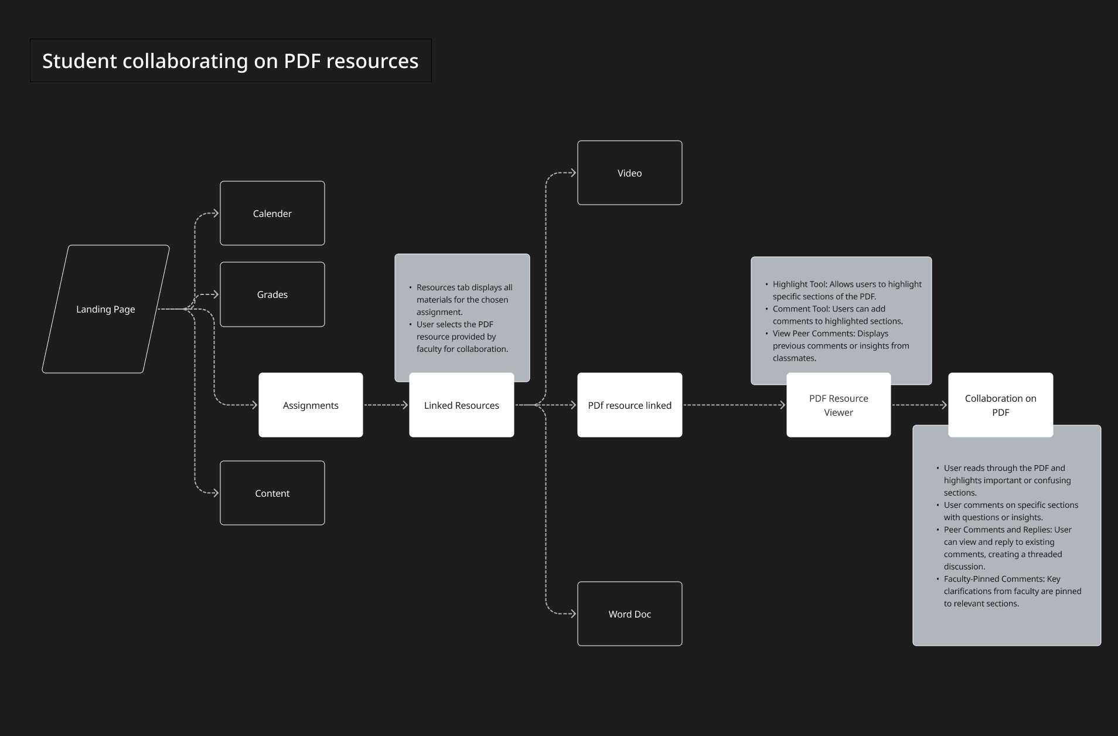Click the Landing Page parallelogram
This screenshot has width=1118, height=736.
[x=105, y=309]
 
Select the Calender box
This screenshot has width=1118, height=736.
[x=272, y=213]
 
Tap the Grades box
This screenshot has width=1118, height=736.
[x=272, y=294]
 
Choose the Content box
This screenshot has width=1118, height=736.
[x=272, y=493]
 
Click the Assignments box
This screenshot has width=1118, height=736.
[x=311, y=405]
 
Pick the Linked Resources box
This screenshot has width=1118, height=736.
[x=462, y=405]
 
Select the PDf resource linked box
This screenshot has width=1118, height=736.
[x=630, y=405]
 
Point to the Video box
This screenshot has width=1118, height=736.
[x=630, y=173]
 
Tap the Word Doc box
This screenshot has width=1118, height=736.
[x=630, y=614]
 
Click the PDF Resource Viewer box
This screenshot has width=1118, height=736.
[x=839, y=405]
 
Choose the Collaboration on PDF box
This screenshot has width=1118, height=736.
[x=1001, y=405]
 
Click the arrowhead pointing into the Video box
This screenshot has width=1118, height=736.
[x=573, y=173]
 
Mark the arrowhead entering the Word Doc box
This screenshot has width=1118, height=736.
[x=573, y=614]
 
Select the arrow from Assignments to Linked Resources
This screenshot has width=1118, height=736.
[x=386, y=405]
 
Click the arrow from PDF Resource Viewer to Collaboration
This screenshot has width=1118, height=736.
[x=919, y=405]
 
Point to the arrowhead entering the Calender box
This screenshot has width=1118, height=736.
[x=216, y=213]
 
